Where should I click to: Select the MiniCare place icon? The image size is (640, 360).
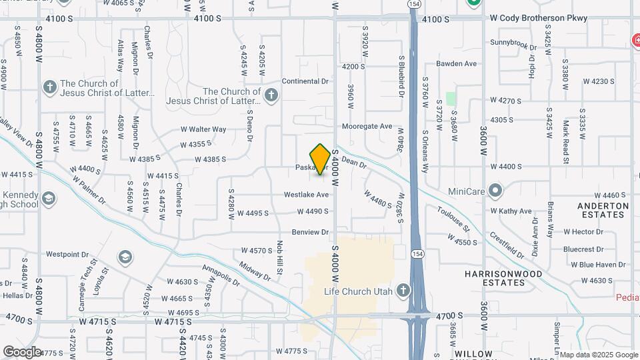pos(494,191)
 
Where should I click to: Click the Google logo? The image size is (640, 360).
pos(22,351)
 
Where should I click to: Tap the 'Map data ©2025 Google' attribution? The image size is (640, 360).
pos(598,355)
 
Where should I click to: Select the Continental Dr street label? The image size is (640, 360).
pos(306,81)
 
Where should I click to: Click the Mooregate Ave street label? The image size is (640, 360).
pos(367,126)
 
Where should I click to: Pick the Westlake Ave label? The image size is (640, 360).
pos(307,195)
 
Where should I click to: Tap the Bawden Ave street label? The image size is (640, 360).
pos(457,64)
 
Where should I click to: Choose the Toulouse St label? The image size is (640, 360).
pos(454,219)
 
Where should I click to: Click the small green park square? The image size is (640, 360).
pos(451,99)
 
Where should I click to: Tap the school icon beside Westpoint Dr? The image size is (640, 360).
pos(124,257)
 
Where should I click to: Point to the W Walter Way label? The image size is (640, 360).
pos(203,129)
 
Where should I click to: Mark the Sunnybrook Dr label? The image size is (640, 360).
pos(513,44)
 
